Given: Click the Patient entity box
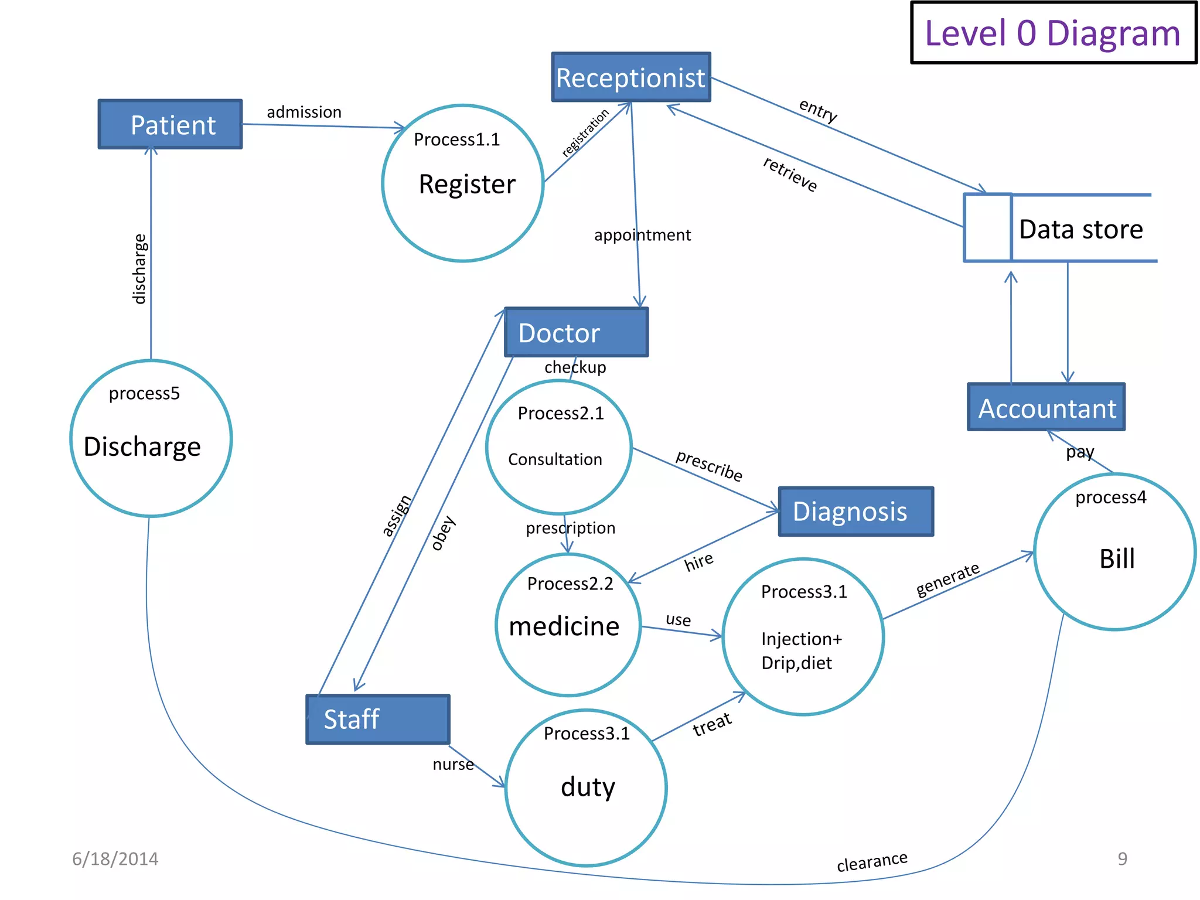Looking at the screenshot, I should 170,124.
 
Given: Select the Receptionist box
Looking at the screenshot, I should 630,77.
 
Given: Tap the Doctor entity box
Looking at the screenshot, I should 576,332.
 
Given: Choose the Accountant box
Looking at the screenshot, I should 1046,408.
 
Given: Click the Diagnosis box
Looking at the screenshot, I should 855,511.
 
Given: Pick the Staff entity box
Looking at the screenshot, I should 377,719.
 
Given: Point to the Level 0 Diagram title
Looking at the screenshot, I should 1052,33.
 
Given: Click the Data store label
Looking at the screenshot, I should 1080,229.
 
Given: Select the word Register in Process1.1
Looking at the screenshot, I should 467,184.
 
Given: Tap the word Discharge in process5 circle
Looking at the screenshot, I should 142,446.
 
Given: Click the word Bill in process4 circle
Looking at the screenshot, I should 1117,558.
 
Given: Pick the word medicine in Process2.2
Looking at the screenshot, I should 564,626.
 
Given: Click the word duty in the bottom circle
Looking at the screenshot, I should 588,786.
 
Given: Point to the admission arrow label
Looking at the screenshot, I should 304,112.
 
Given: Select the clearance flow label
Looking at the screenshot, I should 872,861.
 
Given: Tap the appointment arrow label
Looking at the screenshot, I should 642,235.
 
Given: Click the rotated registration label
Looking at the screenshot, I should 585,132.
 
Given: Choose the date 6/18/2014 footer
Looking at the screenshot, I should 115,859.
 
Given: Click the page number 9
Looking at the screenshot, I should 1122,858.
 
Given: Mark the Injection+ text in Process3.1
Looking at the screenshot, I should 801,639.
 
